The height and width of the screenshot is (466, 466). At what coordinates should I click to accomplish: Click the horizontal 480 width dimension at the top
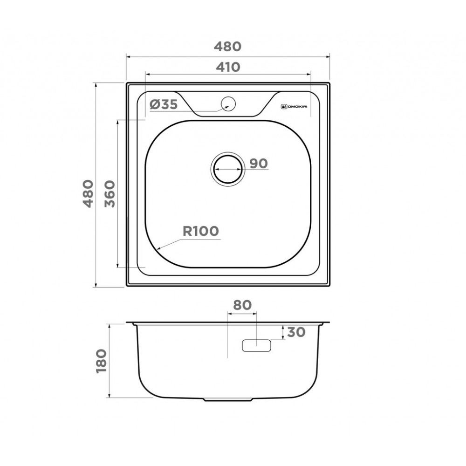pos(227,47)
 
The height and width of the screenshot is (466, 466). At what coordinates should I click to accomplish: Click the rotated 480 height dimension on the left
pos(89,194)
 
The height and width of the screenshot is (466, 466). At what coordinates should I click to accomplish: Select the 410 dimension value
pos(227,67)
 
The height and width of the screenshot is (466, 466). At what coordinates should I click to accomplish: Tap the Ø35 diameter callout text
pos(164,105)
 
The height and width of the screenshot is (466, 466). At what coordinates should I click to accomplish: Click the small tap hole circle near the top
pos(228,103)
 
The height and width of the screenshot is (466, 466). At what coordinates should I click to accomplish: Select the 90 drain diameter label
pos(258,164)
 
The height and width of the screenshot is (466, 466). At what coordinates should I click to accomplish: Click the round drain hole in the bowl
pos(227,168)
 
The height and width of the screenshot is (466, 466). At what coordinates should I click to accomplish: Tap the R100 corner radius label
pos(200,232)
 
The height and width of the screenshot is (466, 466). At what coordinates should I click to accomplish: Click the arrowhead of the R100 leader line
pos(159,248)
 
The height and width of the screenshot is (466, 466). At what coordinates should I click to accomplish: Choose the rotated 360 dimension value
pos(110,194)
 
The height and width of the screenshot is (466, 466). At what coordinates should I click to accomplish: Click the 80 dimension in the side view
pos(242,305)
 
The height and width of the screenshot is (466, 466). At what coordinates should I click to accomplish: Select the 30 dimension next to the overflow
pos(296,332)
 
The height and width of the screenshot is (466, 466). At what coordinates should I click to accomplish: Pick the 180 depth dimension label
pos(102,361)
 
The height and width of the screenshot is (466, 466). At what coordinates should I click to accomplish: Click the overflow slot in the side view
pos(256,345)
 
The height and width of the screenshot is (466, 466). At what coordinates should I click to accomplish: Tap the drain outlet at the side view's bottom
pos(228,400)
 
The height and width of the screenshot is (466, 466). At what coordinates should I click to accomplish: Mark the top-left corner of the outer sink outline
pos(127,84)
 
